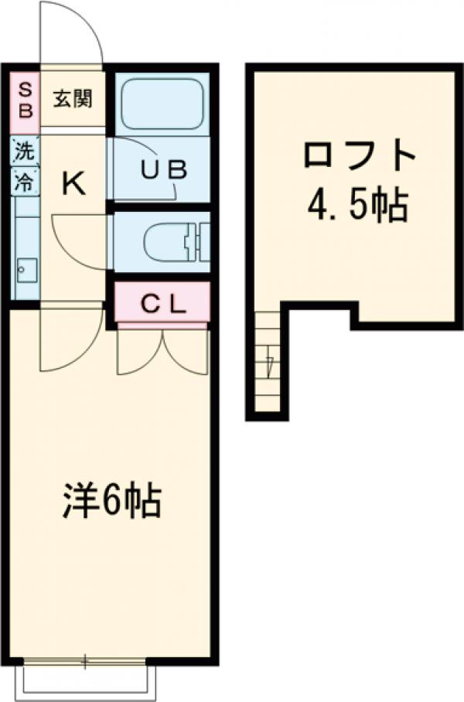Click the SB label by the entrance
tap(25, 98)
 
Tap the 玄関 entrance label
tap(73, 99)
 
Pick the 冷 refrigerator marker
tap(25, 182)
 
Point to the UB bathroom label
tap(163, 170)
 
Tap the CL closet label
tap(163, 303)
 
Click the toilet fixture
tap(174, 242)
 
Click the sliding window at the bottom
tap(85, 662)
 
